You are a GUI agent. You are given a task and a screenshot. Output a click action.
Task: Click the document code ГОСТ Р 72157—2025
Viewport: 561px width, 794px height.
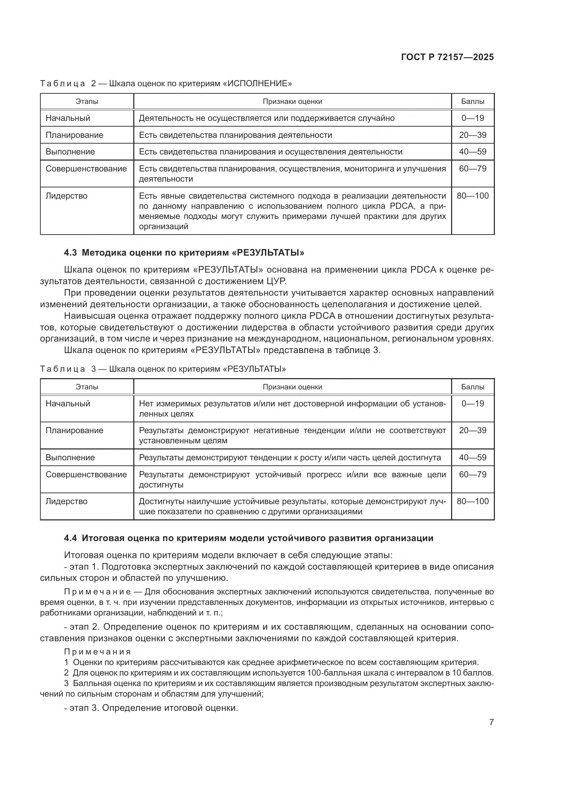(x=447, y=57)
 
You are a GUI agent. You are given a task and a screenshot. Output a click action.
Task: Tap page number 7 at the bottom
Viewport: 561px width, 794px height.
(x=491, y=722)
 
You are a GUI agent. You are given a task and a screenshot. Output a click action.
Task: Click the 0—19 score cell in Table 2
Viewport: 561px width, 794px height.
(x=472, y=118)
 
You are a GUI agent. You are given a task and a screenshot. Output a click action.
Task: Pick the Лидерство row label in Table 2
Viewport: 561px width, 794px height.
(x=66, y=196)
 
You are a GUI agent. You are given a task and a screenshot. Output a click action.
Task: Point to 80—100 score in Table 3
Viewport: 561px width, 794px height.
(x=472, y=501)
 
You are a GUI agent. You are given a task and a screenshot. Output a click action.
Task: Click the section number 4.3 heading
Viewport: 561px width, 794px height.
(x=70, y=253)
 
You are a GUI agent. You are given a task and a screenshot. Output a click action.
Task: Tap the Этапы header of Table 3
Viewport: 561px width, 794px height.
(x=87, y=387)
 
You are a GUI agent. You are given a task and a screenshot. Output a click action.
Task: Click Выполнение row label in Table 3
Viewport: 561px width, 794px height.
(x=70, y=458)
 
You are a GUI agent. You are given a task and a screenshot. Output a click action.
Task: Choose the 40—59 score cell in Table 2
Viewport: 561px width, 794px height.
(x=472, y=152)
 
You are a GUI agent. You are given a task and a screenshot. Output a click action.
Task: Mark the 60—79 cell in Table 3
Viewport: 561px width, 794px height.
(x=472, y=475)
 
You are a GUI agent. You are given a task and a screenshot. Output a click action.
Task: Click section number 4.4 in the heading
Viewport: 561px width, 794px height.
(x=70, y=538)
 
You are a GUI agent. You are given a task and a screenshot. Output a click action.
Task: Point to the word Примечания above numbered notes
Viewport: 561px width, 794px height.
(x=97, y=652)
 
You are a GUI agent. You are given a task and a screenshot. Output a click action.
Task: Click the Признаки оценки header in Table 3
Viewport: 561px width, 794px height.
(x=292, y=387)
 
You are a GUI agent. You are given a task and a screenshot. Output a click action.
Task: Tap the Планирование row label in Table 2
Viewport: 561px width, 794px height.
(x=74, y=135)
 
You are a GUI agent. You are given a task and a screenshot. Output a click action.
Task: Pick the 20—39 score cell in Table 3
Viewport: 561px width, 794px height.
(x=472, y=430)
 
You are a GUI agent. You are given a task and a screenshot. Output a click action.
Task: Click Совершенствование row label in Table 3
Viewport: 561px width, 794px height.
(x=86, y=475)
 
